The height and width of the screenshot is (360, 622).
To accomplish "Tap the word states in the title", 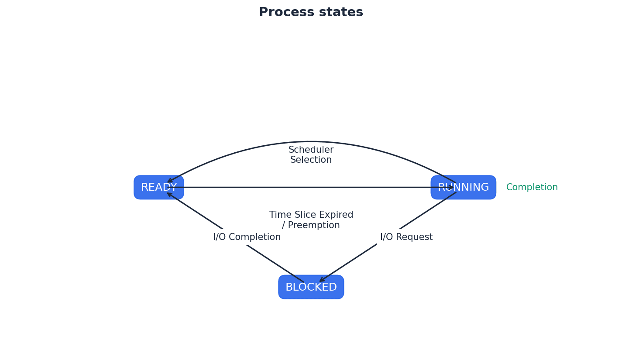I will (342, 12).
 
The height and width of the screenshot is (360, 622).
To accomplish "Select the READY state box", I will (159, 188).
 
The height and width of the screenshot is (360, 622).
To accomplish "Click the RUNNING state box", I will (463, 188).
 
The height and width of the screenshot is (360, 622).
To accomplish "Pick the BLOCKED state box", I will (311, 287).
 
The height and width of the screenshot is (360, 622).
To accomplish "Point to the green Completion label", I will (532, 188).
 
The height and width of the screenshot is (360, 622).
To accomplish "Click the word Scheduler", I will (311, 150).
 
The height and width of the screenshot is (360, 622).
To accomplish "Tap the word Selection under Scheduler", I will (311, 160).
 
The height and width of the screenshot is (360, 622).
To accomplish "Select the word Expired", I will (335, 215).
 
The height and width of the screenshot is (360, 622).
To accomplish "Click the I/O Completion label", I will (247, 237).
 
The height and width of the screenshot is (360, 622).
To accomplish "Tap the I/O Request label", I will (406, 237).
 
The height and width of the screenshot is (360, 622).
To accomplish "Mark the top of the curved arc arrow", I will (311, 142).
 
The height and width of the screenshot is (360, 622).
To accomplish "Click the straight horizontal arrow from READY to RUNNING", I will (262, 188).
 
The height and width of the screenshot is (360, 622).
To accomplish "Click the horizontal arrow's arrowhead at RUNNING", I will (450, 188).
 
